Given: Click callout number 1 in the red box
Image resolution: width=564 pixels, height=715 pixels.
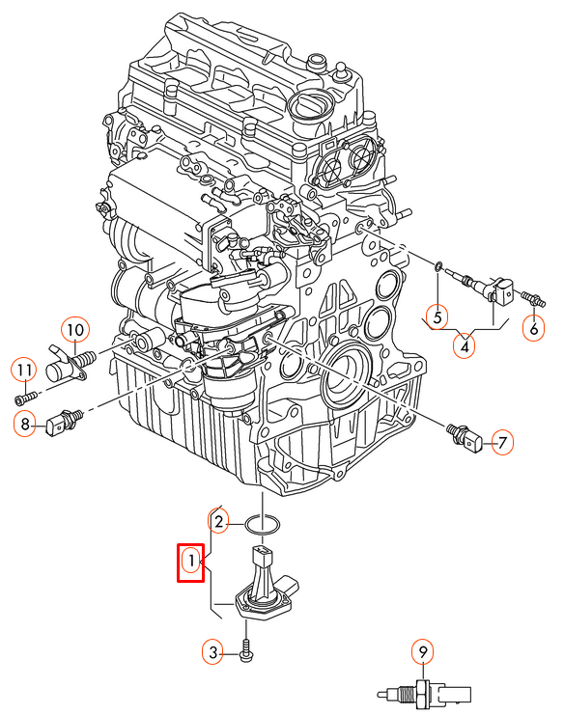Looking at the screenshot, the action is [x=191, y=561].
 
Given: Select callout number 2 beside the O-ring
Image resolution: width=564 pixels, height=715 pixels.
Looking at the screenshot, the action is [x=218, y=522].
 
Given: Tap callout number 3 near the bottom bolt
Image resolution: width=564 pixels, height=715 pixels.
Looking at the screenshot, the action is [x=212, y=652].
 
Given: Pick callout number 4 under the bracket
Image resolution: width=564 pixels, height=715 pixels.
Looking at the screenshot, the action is [x=465, y=347].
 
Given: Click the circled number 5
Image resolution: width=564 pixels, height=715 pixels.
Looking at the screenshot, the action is [x=437, y=316].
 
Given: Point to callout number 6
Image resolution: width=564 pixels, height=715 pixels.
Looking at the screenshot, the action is [x=533, y=328].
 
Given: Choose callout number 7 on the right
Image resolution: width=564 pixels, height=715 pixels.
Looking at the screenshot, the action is [x=502, y=442].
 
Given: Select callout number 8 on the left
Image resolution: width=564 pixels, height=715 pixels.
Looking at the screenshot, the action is [x=25, y=424].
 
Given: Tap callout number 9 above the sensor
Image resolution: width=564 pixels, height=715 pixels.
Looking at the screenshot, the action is [x=423, y=652].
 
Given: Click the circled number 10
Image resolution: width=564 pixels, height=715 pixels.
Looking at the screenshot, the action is [x=75, y=329].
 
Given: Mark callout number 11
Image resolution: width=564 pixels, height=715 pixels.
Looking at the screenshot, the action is [x=24, y=371].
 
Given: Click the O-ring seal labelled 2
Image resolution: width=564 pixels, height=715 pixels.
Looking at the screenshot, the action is [x=263, y=524].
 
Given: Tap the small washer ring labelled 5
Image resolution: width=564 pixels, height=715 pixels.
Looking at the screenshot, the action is [x=437, y=266].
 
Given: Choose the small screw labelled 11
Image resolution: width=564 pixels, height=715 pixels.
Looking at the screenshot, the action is [x=25, y=398].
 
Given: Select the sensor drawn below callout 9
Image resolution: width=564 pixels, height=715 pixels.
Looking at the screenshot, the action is [x=424, y=695].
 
